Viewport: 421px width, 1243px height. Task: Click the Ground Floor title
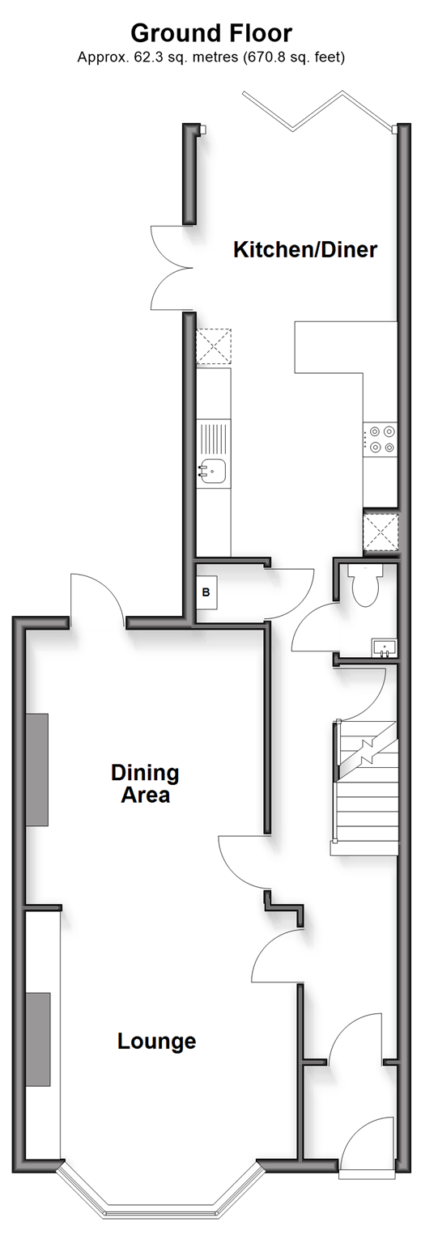click(210, 33)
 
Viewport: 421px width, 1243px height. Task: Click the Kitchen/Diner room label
click(305, 250)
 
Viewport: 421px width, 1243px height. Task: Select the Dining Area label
click(145, 783)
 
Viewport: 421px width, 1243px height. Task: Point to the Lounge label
click(156, 1041)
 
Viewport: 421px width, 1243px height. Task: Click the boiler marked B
click(206, 592)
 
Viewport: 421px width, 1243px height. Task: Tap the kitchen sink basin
click(213, 471)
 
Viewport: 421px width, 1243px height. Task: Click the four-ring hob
click(381, 439)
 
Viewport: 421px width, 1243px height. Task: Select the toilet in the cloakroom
click(365, 585)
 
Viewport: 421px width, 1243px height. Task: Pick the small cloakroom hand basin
click(384, 647)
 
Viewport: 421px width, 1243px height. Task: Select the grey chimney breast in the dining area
click(36, 770)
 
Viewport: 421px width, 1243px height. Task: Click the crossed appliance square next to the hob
click(381, 532)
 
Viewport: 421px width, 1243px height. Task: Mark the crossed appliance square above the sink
click(213, 347)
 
